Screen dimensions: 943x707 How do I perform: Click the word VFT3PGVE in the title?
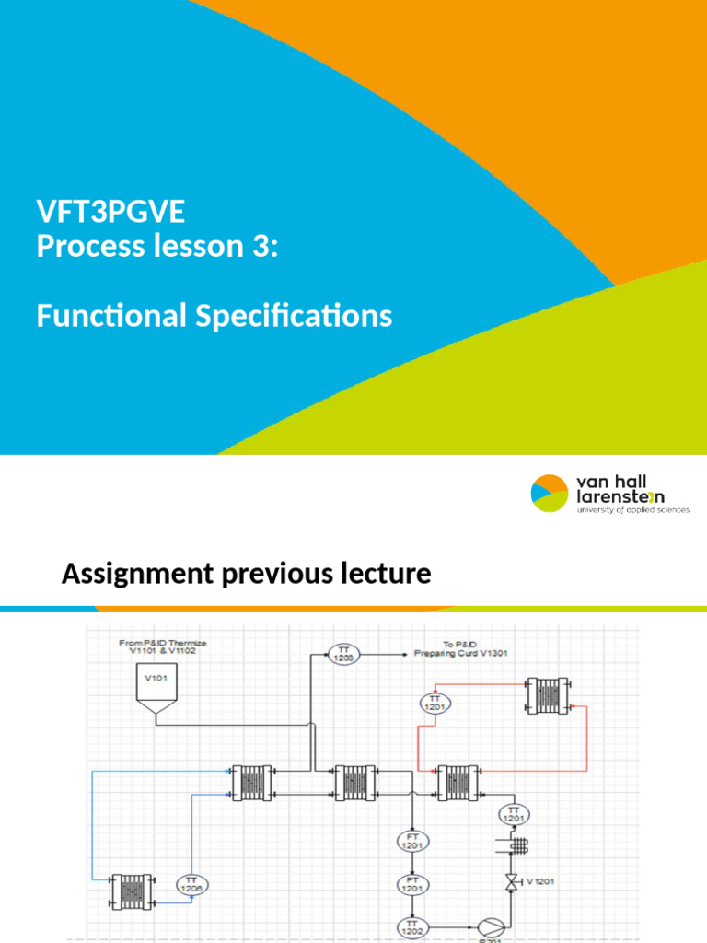110,213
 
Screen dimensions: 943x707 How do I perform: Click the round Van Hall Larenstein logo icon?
551,493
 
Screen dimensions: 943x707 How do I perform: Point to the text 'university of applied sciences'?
632,509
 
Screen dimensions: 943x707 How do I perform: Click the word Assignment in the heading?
133,575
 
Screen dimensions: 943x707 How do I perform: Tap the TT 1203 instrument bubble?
342,654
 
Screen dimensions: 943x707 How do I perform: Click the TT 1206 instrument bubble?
191,885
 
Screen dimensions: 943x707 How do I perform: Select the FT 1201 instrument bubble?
412,841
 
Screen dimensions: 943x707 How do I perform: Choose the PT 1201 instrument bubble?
412,885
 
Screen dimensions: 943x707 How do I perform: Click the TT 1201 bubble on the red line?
435,702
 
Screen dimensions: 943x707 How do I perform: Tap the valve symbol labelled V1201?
511,882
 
